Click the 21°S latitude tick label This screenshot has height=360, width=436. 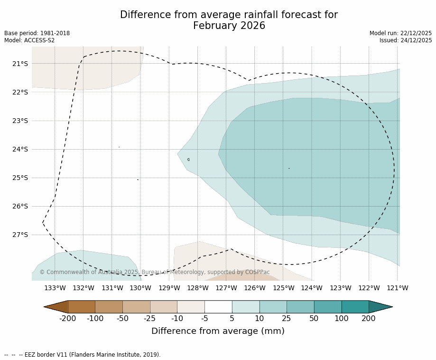click(x=20, y=64)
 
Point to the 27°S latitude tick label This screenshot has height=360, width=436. click(x=20, y=235)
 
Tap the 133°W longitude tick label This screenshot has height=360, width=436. click(x=55, y=288)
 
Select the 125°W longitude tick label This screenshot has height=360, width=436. click(x=283, y=288)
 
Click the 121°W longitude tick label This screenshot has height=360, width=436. click(x=398, y=288)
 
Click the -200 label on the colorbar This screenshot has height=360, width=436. click(x=68, y=319)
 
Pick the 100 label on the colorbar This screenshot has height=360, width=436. click(x=342, y=319)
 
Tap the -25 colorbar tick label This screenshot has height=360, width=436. click(x=150, y=319)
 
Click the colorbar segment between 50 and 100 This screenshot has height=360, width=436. click(x=328, y=307)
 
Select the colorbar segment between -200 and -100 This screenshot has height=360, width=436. click(x=82, y=307)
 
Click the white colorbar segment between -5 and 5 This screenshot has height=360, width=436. click(x=218, y=307)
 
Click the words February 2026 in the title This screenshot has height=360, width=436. click(x=229, y=26)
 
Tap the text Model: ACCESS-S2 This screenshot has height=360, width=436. click(x=29, y=40)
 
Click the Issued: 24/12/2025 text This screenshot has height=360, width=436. click(x=406, y=40)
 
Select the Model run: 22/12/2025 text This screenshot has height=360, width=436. click(x=401, y=33)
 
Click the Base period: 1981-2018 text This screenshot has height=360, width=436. click(x=37, y=33)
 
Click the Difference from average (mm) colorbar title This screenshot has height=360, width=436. click(x=218, y=332)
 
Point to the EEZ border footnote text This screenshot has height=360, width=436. click(x=83, y=355)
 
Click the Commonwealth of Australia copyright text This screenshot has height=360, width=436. click(x=155, y=272)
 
